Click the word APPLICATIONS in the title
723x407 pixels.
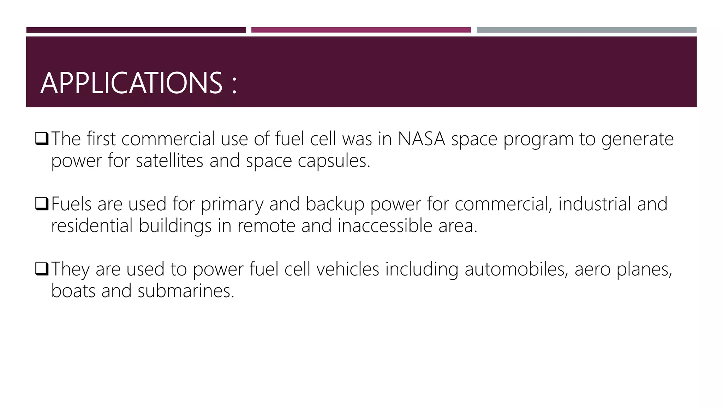pyautogui.click(x=131, y=83)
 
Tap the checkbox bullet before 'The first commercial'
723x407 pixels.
pyautogui.click(x=42, y=139)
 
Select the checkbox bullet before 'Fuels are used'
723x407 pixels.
pyautogui.click(x=42, y=204)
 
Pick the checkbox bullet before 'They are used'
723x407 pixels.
pyautogui.click(x=42, y=269)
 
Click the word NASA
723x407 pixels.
pyautogui.click(x=422, y=139)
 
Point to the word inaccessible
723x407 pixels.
pyautogui.click(x=385, y=226)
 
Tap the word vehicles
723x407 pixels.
pyautogui.click(x=347, y=269)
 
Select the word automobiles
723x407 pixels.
pyautogui.click(x=516, y=269)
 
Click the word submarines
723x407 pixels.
pyautogui.click(x=186, y=291)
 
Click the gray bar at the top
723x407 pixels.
pyautogui.click(x=586, y=30)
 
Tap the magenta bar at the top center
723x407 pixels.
pyautogui.click(x=361, y=30)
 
